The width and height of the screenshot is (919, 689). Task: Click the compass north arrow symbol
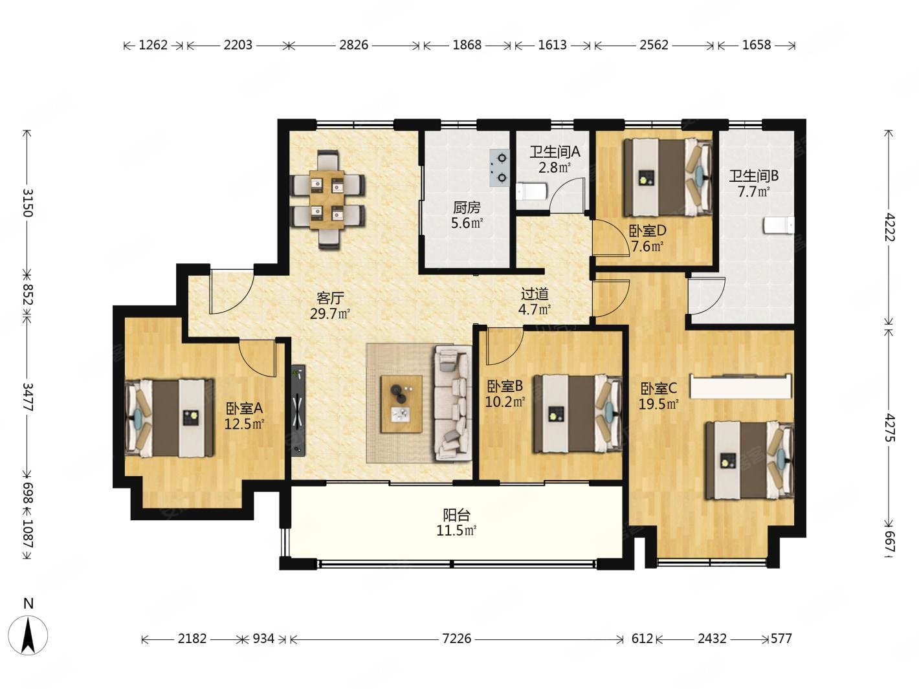point(28,635)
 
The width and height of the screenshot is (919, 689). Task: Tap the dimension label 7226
point(456,639)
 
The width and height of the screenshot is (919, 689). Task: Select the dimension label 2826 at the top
point(353,45)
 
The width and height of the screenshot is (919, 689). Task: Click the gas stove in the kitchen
point(500,168)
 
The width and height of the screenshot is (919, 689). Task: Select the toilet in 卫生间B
point(779,226)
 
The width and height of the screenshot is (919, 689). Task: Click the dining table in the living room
point(327,200)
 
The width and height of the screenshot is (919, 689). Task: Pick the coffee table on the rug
point(401,404)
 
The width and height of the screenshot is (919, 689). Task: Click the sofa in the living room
point(452,403)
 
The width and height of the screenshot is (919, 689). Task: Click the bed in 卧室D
point(668,177)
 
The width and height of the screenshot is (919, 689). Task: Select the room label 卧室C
point(659,389)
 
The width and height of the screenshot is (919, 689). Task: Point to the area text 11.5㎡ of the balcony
point(456,531)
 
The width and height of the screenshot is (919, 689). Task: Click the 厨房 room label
point(467,208)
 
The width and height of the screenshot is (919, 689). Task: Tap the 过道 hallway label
point(535,294)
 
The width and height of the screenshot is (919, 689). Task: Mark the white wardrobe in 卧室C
point(740,386)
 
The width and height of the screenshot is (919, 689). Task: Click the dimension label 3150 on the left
point(27,203)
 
